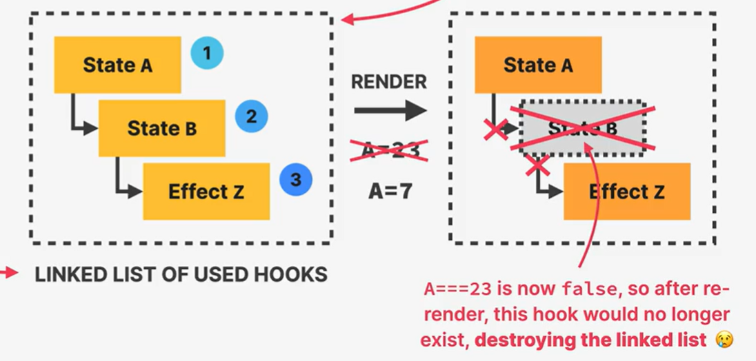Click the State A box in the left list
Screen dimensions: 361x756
click(117, 65)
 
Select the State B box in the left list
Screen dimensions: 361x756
click(161, 128)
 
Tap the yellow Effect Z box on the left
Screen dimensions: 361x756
click(206, 191)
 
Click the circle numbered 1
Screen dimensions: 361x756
click(206, 52)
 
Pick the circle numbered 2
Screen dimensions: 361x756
click(251, 116)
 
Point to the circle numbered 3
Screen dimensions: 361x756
click(296, 180)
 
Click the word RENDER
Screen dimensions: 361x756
click(389, 82)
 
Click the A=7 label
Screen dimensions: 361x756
click(389, 191)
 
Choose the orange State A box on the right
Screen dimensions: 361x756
click(538, 65)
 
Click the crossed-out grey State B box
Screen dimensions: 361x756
click(582, 128)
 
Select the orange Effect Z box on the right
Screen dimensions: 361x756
click(626, 192)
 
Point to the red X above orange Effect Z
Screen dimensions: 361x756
click(538, 165)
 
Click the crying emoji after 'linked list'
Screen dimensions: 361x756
click(723, 339)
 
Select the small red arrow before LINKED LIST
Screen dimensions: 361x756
click(10, 274)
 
